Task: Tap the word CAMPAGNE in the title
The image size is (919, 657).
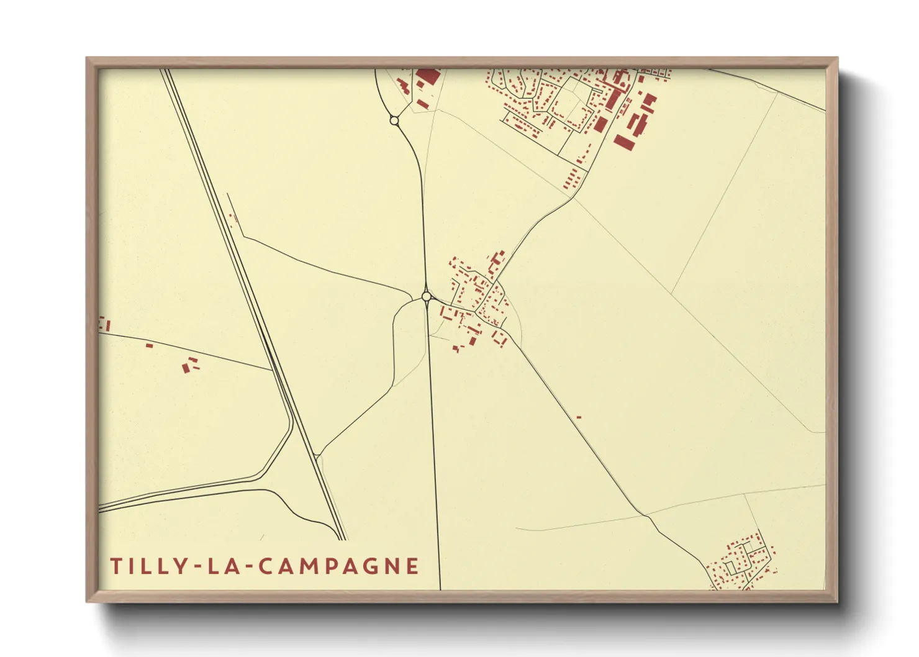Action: (x=338, y=566)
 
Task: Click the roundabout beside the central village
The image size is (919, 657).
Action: (x=427, y=297)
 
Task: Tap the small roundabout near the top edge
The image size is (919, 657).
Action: (x=394, y=120)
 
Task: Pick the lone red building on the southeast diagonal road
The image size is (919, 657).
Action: (x=579, y=417)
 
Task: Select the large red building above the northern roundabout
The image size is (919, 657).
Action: (x=427, y=77)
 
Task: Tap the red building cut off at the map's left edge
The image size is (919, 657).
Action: (x=104, y=324)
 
